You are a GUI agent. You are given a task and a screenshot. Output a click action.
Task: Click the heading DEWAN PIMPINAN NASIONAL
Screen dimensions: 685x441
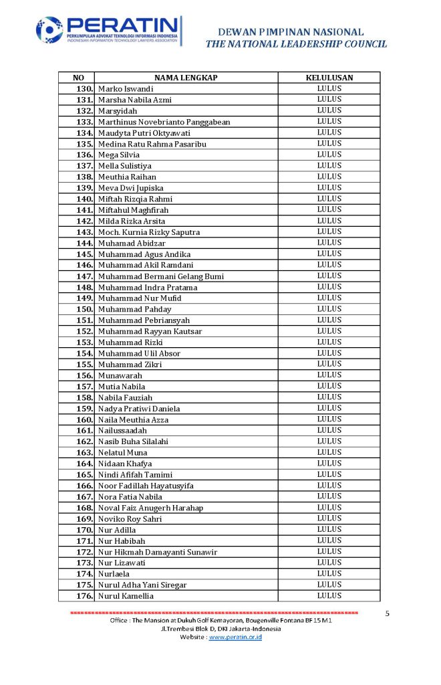coord(291,31)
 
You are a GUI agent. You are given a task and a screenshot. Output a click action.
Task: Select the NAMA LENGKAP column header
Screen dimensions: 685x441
coord(186,78)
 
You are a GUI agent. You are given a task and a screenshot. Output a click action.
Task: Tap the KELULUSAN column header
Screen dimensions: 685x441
coord(329,78)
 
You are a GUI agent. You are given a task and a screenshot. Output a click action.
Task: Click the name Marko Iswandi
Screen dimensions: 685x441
coord(126,89)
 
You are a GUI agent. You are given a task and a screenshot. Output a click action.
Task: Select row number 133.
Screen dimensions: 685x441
coord(84,122)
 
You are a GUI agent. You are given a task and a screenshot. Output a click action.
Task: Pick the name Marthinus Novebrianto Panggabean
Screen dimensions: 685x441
coord(164,122)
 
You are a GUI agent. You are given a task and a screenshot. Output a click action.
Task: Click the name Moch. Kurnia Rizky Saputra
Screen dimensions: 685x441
coord(149,232)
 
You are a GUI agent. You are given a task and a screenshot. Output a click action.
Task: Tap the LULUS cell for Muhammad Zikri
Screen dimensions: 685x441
coord(329,364)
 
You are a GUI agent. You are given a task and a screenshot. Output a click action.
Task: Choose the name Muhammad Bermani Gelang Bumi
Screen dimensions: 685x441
coord(161,276)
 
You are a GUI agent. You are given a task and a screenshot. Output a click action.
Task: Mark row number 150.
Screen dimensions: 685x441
coord(84,309)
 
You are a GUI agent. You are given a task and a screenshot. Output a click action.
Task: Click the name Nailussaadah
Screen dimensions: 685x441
coord(122,430)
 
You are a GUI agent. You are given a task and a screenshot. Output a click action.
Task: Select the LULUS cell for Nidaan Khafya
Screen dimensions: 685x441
coord(329,463)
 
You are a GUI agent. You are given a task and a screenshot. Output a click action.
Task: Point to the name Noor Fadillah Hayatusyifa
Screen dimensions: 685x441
coord(146,486)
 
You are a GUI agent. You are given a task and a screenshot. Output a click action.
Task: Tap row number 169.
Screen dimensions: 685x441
coord(84,518)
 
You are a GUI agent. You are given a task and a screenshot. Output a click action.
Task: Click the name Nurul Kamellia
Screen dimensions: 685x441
coord(126,596)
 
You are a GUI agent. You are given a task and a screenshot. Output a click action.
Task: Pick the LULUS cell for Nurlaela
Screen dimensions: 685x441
coord(329,573)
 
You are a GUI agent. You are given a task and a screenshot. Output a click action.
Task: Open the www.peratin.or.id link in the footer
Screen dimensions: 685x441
coord(235,638)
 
